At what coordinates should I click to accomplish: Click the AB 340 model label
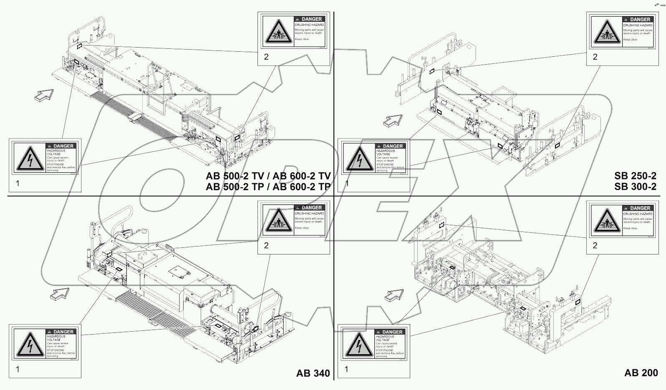point(313,373)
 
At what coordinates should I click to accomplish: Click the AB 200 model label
point(641,373)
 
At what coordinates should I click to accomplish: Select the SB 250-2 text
point(635,176)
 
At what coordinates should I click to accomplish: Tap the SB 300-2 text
point(635,186)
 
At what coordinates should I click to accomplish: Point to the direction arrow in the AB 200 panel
point(394,295)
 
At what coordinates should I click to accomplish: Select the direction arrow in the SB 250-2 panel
point(393,121)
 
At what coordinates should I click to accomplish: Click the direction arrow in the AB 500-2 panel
point(44,95)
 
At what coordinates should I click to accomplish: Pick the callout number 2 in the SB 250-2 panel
point(595,57)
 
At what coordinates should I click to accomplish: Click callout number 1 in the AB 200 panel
point(347,369)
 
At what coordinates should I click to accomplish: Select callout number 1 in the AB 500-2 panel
point(18,183)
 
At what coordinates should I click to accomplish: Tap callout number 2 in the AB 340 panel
point(266,245)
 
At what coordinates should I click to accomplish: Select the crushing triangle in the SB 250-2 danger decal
point(606,32)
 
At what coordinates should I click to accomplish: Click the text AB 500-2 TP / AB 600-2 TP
point(268,187)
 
